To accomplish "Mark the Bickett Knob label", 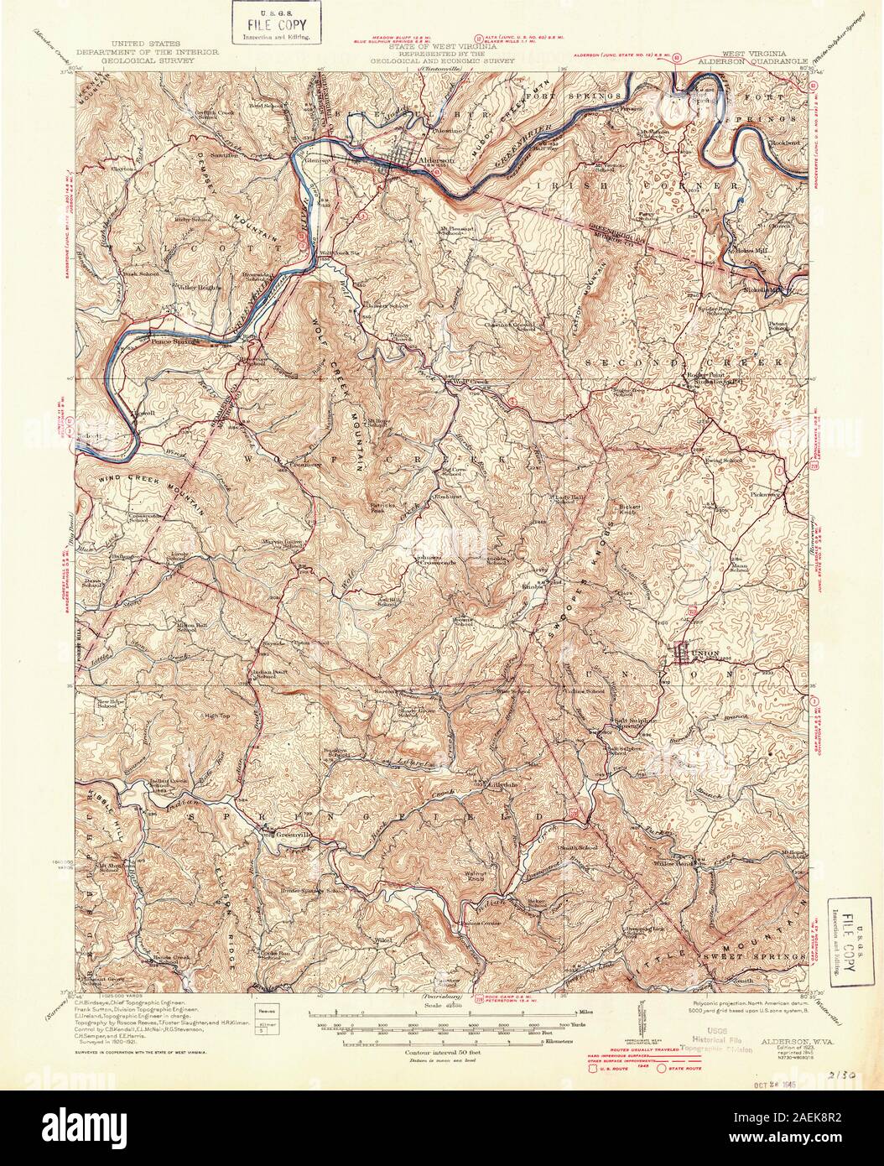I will click(x=632, y=508).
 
